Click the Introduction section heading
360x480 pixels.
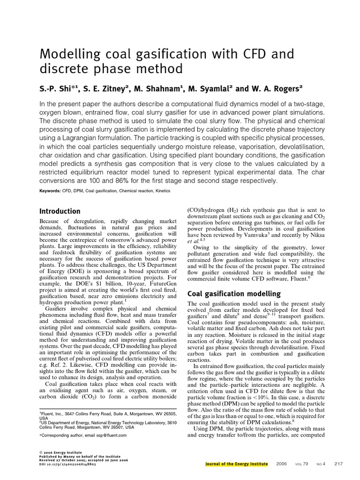coord(60,211)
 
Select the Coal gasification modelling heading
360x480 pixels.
coord(233,294)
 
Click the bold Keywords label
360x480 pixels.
coord(50,191)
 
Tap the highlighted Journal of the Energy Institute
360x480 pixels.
coord(236,464)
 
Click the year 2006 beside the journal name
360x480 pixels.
coord(282,464)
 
